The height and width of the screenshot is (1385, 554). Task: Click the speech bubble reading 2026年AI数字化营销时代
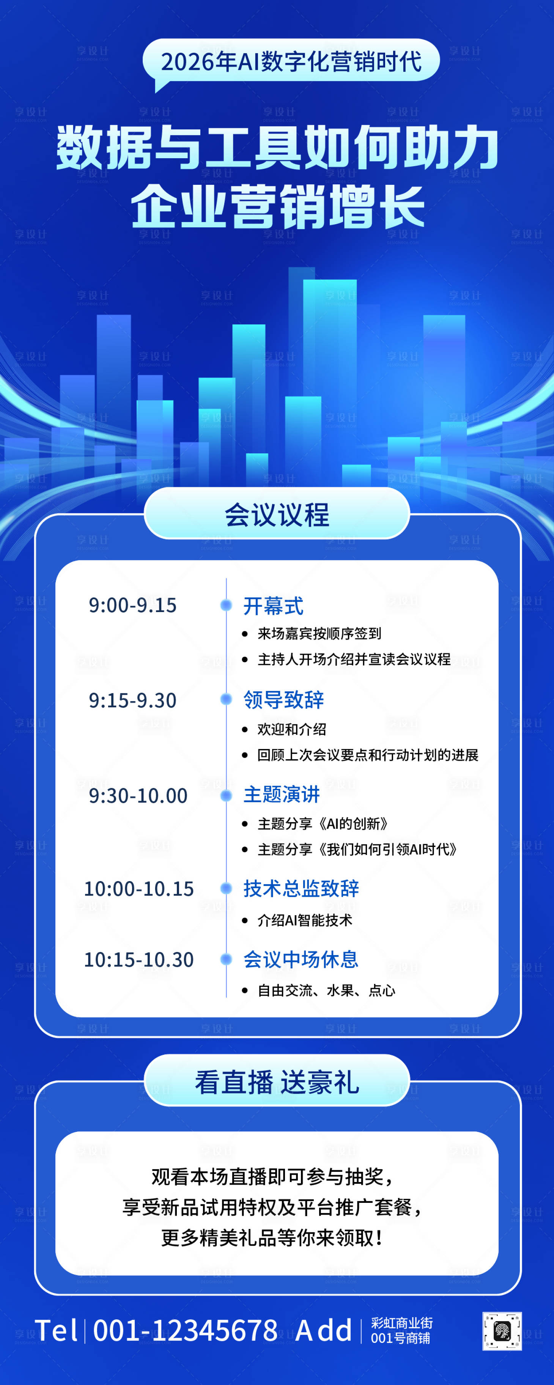[x=291, y=61]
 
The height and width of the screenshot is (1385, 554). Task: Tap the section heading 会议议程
[x=277, y=515]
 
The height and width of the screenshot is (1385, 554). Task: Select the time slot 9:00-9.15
[x=132, y=605]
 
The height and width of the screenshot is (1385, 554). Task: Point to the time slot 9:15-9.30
[x=132, y=700]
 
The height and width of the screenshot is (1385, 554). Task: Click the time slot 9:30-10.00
[x=138, y=795]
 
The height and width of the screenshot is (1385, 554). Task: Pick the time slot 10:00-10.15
[x=139, y=889]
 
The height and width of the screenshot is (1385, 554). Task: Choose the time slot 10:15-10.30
[x=139, y=960]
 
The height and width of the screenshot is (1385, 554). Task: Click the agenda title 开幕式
[x=273, y=606]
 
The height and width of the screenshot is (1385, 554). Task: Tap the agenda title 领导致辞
[x=283, y=699]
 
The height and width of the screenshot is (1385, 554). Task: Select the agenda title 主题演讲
[x=281, y=794]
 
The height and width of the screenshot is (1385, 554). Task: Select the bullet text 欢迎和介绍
[x=291, y=729]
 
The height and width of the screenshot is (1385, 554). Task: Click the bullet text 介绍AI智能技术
[x=304, y=920]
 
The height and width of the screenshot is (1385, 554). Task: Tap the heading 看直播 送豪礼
[x=277, y=1082]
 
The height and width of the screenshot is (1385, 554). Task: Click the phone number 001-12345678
[x=186, y=1330]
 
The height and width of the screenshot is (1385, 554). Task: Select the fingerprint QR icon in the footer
[x=502, y=1331]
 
